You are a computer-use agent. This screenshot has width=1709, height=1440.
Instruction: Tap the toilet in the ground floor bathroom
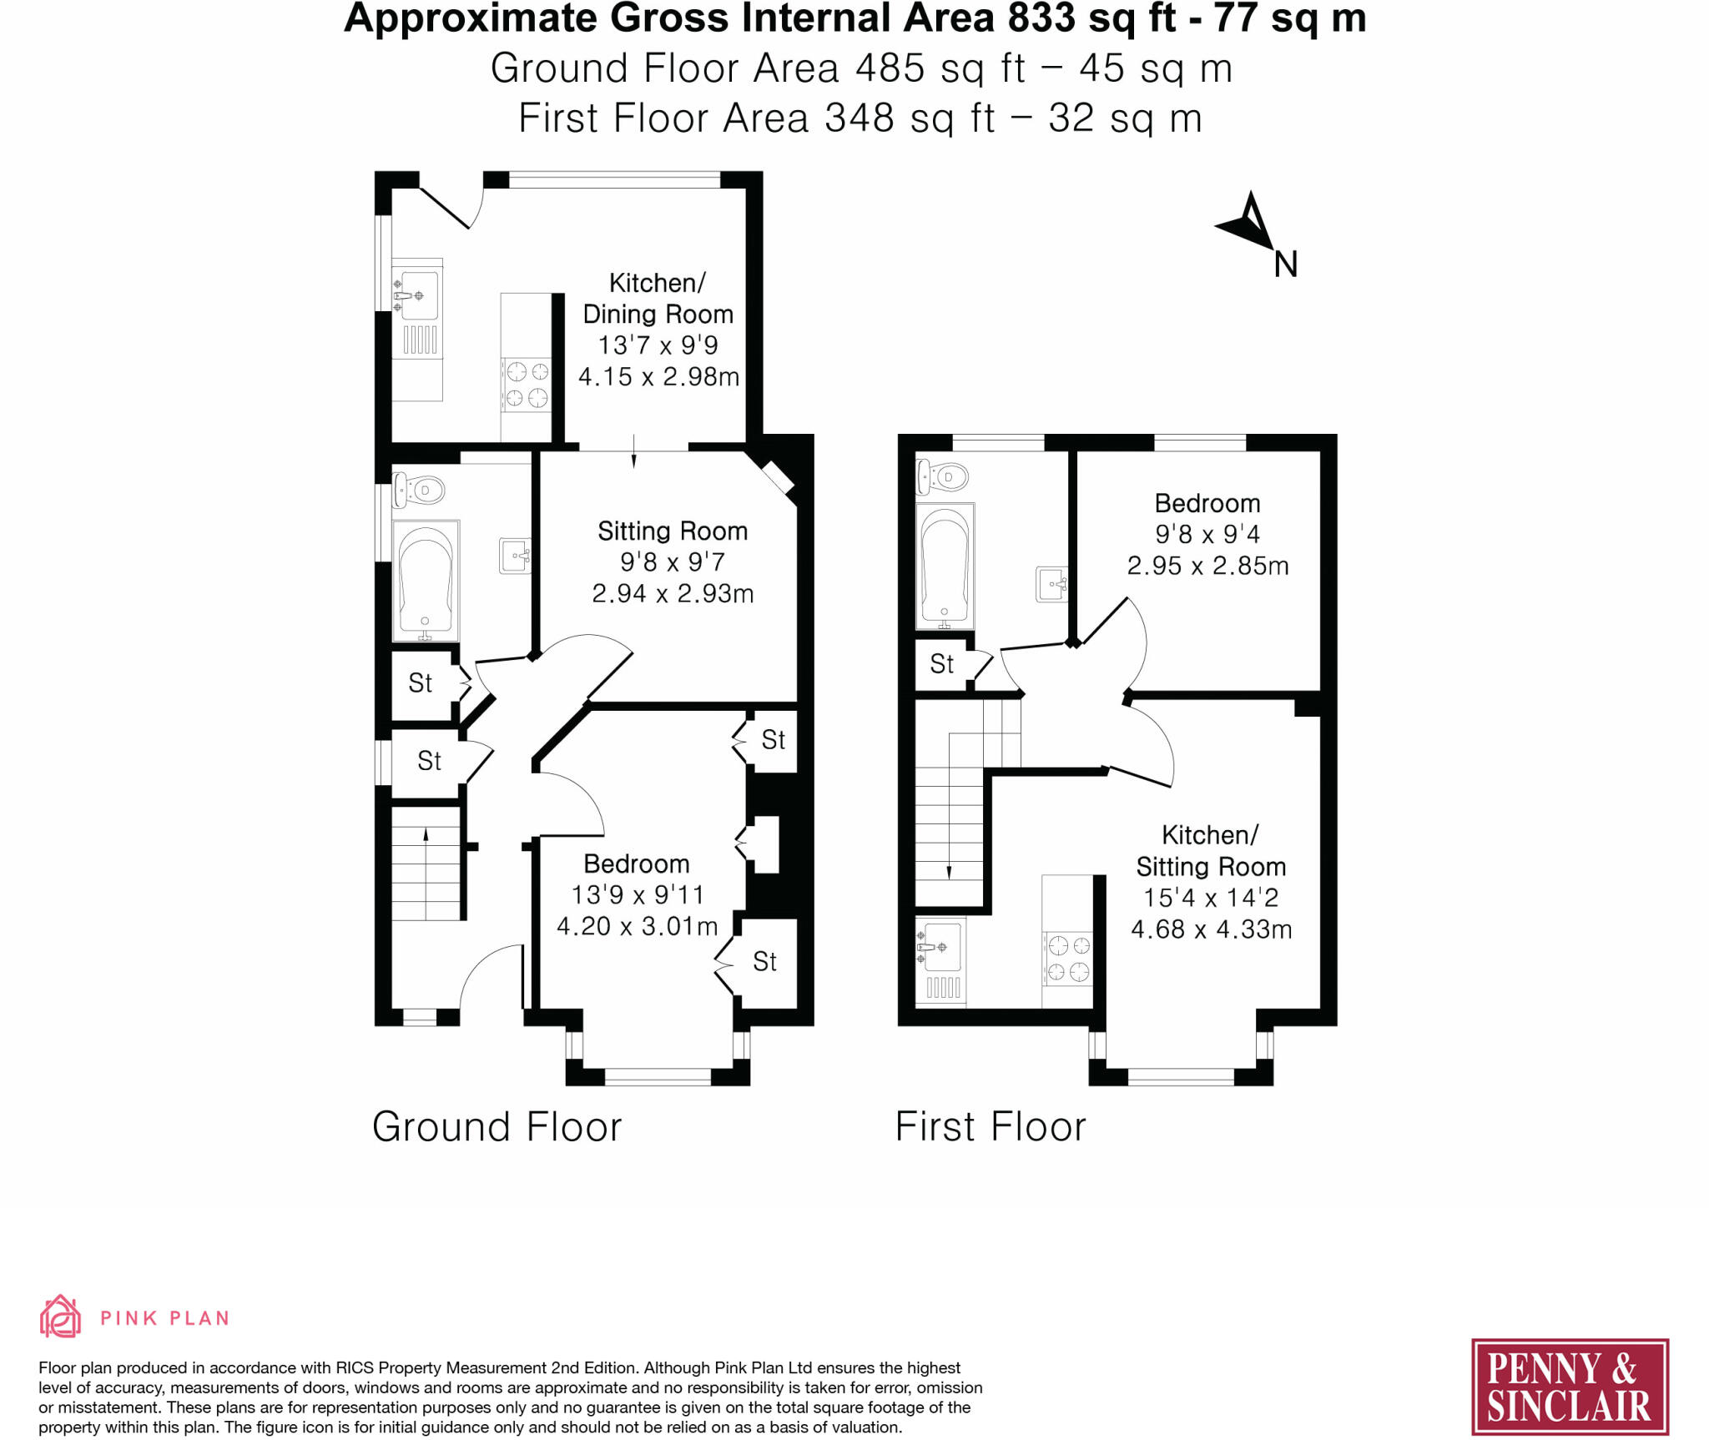click(420, 490)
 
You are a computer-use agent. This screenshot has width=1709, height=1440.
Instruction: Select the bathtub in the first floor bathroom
click(945, 566)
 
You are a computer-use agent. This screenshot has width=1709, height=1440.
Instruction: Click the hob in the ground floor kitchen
click(527, 384)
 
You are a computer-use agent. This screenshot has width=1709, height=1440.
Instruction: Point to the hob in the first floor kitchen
click(1068, 958)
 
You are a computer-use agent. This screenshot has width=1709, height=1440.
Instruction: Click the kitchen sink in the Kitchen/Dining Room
click(416, 295)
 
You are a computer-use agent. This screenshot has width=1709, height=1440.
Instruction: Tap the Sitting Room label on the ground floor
click(672, 531)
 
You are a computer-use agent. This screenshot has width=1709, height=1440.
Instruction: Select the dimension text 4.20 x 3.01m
click(637, 926)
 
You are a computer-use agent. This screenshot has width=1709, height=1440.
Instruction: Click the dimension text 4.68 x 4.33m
click(1211, 929)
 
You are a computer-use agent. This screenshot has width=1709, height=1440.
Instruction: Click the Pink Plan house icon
click(60, 1317)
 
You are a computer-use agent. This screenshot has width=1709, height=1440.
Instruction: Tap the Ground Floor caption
click(497, 1127)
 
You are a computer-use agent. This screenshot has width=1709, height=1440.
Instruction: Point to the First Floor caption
click(990, 1127)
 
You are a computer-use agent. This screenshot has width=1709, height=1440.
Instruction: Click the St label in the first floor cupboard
click(941, 664)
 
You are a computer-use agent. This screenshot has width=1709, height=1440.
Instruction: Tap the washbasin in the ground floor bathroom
click(515, 556)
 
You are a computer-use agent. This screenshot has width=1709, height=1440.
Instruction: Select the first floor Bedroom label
click(1207, 503)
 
